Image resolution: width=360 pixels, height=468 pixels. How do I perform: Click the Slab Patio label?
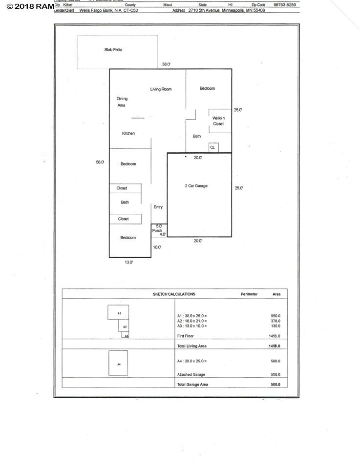pyautogui.click(x=113, y=50)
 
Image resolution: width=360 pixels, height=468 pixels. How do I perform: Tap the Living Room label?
pyautogui.click(x=161, y=89)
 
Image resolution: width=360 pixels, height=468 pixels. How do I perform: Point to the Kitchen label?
pyautogui.click(x=128, y=133)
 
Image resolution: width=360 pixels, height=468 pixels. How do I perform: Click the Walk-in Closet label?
pyautogui.click(x=218, y=121)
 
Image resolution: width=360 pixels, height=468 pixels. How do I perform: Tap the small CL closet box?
pyautogui.click(x=212, y=147)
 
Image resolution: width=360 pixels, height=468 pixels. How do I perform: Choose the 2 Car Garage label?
pyautogui.click(x=196, y=186)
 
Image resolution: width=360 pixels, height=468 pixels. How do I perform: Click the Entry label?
pyautogui.click(x=158, y=207)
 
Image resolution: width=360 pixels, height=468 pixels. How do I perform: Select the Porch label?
pyautogui.click(x=157, y=230)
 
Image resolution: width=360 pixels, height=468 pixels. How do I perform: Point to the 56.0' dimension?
pyautogui.click(x=100, y=162)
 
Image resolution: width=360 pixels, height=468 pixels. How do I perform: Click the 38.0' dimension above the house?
pyautogui.click(x=167, y=64)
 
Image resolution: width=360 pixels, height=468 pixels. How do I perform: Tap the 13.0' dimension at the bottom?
pyautogui.click(x=128, y=262)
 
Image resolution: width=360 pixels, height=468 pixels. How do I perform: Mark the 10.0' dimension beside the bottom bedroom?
pyautogui.click(x=157, y=247)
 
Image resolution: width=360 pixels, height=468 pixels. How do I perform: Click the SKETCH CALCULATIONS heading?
pyautogui.click(x=174, y=294)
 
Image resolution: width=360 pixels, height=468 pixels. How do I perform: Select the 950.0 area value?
pyautogui.click(x=275, y=316)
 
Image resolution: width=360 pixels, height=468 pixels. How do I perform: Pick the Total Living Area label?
pyautogui.click(x=191, y=346)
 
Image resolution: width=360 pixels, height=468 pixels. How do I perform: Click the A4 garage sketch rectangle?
pyautogui.click(x=118, y=363)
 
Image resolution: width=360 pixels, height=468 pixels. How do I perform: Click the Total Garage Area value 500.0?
pyautogui.click(x=275, y=384)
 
